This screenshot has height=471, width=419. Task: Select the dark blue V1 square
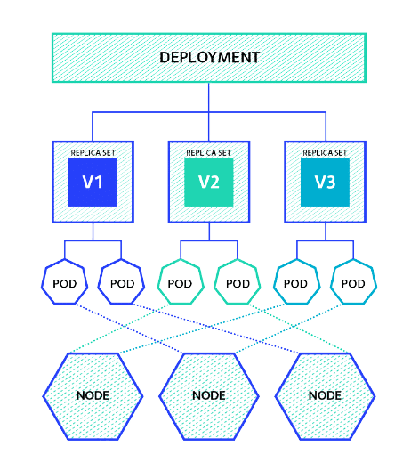(x=93, y=183)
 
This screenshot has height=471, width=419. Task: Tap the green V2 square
(x=209, y=183)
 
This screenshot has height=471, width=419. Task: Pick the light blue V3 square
(x=325, y=183)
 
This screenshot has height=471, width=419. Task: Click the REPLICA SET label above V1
(x=93, y=152)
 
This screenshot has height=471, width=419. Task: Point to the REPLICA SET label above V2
(x=209, y=152)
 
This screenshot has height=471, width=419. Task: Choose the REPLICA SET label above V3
(x=325, y=152)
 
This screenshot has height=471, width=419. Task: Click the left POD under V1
(x=64, y=284)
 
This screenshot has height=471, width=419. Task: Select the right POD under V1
(x=122, y=284)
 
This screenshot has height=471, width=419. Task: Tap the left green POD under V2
(x=180, y=284)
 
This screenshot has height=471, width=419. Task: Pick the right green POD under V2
(x=238, y=284)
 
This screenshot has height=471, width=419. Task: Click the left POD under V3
(x=295, y=284)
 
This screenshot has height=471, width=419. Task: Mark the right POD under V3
(x=353, y=284)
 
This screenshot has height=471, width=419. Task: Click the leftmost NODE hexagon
(x=93, y=394)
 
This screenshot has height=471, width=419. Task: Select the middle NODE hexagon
(x=209, y=394)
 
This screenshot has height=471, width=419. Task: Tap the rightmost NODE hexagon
(x=325, y=394)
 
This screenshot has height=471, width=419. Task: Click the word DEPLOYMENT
(x=209, y=58)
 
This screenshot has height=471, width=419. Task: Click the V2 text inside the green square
(x=209, y=183)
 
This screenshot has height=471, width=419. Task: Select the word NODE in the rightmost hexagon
(x=325, y=394)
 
